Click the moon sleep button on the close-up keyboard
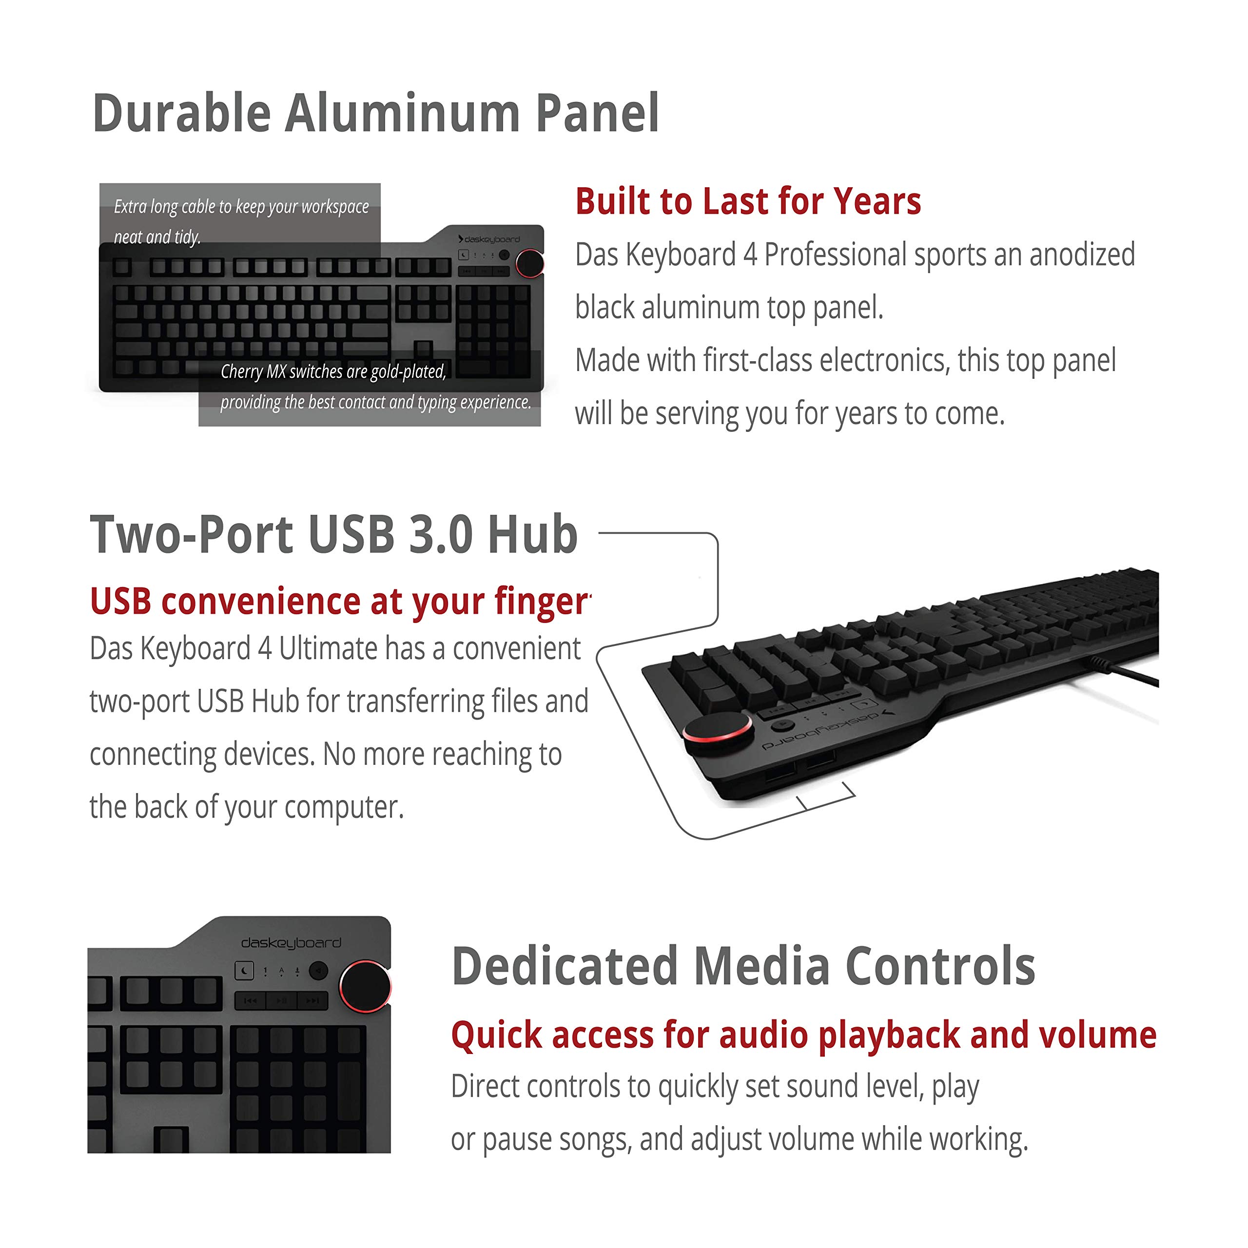pyautogui.click(x=244, y=970)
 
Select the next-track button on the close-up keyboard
pyautogui.click(x=312, y=1001)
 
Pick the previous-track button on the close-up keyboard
pyautogui.click(x=250, y=1001)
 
